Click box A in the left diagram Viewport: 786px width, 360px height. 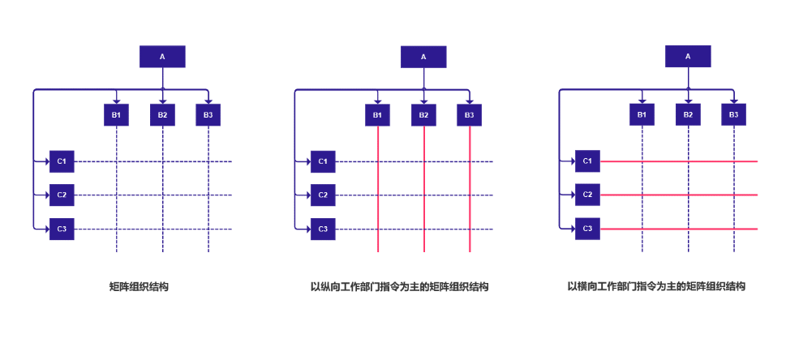(x=162, y=57)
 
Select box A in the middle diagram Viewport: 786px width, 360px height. (x=423, y=57)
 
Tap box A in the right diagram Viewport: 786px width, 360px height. (x=688, y=57)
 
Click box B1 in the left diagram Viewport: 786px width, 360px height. (x=117, y=115)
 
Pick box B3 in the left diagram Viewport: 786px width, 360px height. (x=208, y=115)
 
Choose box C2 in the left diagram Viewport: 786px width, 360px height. (x=62, y=195)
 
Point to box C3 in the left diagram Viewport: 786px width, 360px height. (x=62, y=229)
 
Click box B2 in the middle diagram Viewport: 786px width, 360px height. (x=423, y=115)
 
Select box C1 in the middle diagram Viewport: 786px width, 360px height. (x=323, y=161)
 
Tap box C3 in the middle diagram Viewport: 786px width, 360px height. (x=323, y=229)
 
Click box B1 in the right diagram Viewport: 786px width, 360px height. (x=642, y=115)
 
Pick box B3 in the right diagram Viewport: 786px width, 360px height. (x=733, y=115)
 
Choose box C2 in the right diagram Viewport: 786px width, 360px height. (x=587, y=195)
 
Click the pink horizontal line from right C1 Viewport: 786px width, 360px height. (x=681, y=161)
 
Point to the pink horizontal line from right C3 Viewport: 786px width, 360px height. (x=681, y=229)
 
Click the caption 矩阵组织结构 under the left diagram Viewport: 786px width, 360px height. (x=139, y=287)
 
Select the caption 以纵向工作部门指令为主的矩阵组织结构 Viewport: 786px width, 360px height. (x=400, y=287)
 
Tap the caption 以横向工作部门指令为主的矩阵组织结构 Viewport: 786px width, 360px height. (x=656, y=287)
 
